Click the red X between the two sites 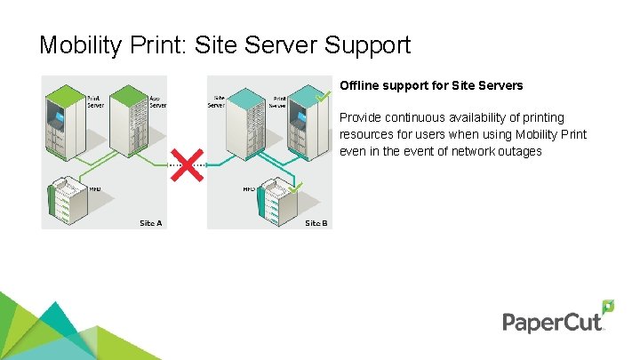point(187,164)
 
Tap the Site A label point(152,223)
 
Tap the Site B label point(316,223)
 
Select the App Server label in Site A point(157,101)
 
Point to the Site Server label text point(216,101)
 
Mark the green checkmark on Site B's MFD point(296,187)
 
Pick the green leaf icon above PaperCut point(608,307)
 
